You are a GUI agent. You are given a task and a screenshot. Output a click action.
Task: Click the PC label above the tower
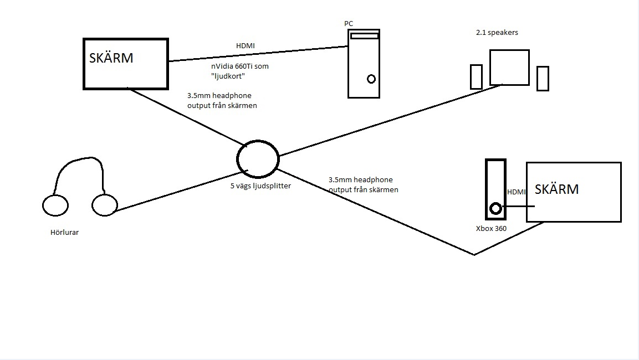(348, 23)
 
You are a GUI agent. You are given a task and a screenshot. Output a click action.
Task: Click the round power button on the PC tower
(371, 79)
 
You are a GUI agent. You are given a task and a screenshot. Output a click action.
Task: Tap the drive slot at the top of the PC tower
(364, 36)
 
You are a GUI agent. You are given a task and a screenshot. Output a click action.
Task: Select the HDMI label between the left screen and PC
(246, 46)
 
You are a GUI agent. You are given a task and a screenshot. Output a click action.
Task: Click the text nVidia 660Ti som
(236, 66)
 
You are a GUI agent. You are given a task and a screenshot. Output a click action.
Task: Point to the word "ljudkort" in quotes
(225, 76)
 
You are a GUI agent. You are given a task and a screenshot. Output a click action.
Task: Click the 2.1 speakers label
(497, 33)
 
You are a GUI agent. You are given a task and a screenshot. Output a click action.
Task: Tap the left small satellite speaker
(476, 77)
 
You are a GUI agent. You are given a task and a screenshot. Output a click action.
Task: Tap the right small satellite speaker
(543, 78)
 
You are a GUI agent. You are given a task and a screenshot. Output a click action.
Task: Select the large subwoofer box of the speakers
(509, 67)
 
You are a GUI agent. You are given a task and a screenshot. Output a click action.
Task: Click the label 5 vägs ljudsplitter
(260, 186)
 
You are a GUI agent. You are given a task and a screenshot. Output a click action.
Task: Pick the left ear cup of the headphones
(55, 205)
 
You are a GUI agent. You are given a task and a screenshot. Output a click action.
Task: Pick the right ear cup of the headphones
(105, 205)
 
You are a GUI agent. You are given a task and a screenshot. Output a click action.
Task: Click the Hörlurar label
(64, 233)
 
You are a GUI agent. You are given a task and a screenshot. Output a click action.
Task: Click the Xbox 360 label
(492, 228)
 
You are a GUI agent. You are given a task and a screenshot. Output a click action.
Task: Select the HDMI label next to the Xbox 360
(516, 192)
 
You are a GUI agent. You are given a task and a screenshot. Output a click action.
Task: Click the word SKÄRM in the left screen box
(111, 58)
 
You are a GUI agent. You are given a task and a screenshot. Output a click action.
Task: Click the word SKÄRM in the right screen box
(556, 189)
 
